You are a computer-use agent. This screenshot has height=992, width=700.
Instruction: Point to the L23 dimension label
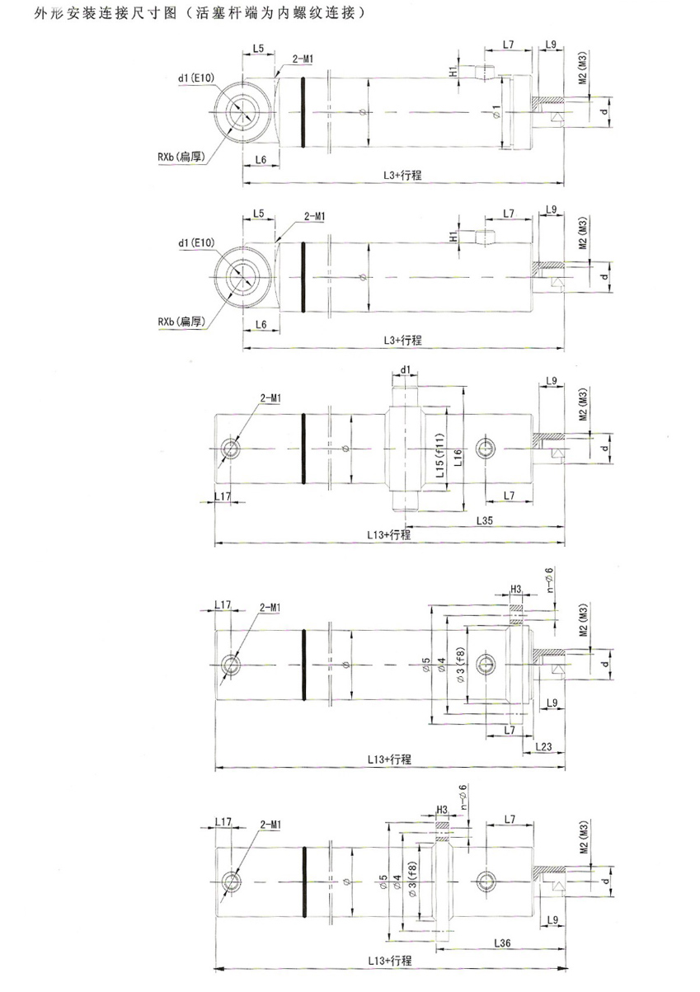tap(543, 746)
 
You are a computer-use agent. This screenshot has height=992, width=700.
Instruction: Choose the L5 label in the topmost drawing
tap(258, 49)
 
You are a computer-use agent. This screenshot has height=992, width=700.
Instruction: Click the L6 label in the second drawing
tap(260, 324)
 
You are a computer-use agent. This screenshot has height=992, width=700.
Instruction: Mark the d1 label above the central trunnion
tap(406, 369)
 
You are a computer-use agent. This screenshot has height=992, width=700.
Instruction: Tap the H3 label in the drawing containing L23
tap(516, 589)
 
